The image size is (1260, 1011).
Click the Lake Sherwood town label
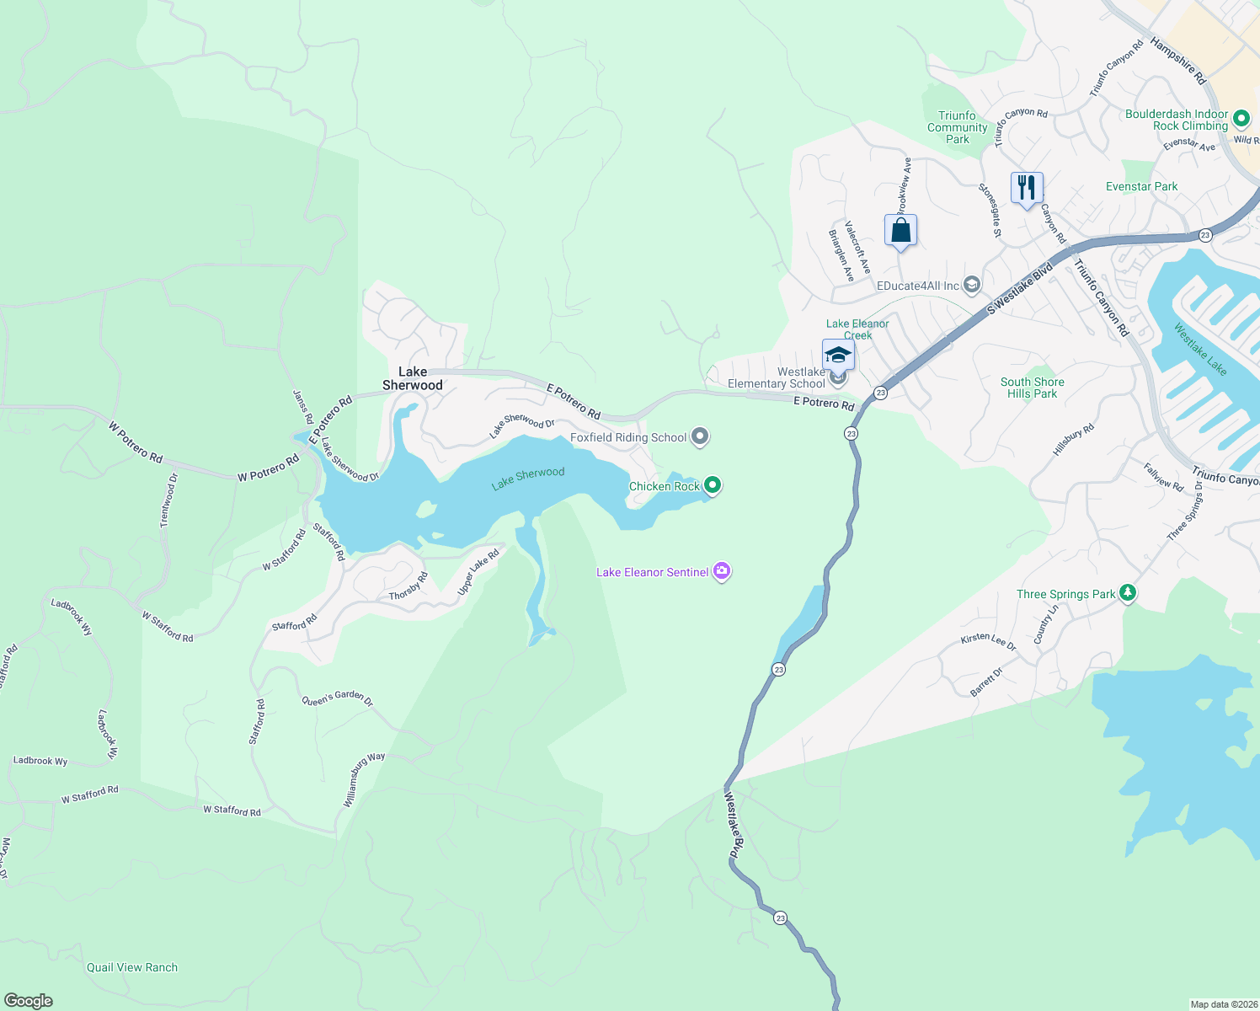(412, 378)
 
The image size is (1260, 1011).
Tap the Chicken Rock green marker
(712, 484)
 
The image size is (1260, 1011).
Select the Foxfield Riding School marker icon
(699, 436)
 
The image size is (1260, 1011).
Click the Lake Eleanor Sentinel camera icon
(721, 571)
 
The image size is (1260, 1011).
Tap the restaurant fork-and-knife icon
(1026, 187)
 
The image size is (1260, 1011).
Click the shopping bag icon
(900, 230)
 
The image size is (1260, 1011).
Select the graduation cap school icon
(837, 355)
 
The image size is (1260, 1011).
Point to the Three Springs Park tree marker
(1127, 593)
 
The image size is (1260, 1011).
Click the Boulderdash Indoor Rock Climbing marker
(1241, 119)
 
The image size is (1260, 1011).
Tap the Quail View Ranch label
(132, 967)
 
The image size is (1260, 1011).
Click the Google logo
(29, 1000)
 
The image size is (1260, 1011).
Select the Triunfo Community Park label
(957, 127)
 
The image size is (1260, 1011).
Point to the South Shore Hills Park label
(1032, 388)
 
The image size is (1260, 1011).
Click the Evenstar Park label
(1141, 186)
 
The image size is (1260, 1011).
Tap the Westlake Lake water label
(1200, 350)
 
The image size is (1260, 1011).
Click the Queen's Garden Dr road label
(337, 698)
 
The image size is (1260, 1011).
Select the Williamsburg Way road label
(363, 779)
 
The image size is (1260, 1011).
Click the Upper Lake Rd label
(478, 572)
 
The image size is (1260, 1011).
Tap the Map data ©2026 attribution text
(1223, 1004)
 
